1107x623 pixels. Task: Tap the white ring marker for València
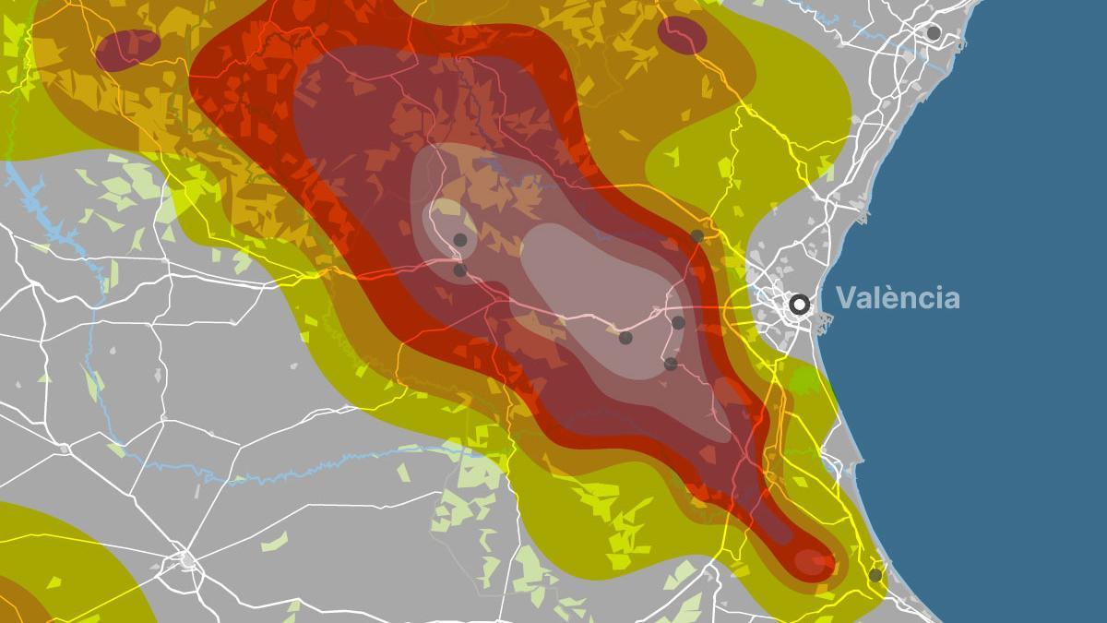(x=800, y=304)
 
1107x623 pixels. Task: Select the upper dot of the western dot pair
(x=460, y=240)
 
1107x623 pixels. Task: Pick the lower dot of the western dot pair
(x=460, y=270)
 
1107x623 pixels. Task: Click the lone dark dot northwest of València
(x=697, y=236)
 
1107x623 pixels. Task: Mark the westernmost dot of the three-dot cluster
(x=625, y=338)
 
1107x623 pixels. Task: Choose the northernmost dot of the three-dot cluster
(x=678, y=322)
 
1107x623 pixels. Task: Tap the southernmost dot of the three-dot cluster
(x=671, y=364)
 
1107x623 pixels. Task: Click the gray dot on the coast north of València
(x=934, y=33)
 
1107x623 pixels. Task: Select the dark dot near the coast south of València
(x=875, y=575)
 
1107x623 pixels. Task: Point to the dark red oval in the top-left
(x=127, y=49)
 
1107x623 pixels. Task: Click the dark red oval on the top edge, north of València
(x=683, y=35)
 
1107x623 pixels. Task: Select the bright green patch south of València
(x=804, y=378)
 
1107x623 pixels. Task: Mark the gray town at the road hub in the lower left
(x=187, y=559)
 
